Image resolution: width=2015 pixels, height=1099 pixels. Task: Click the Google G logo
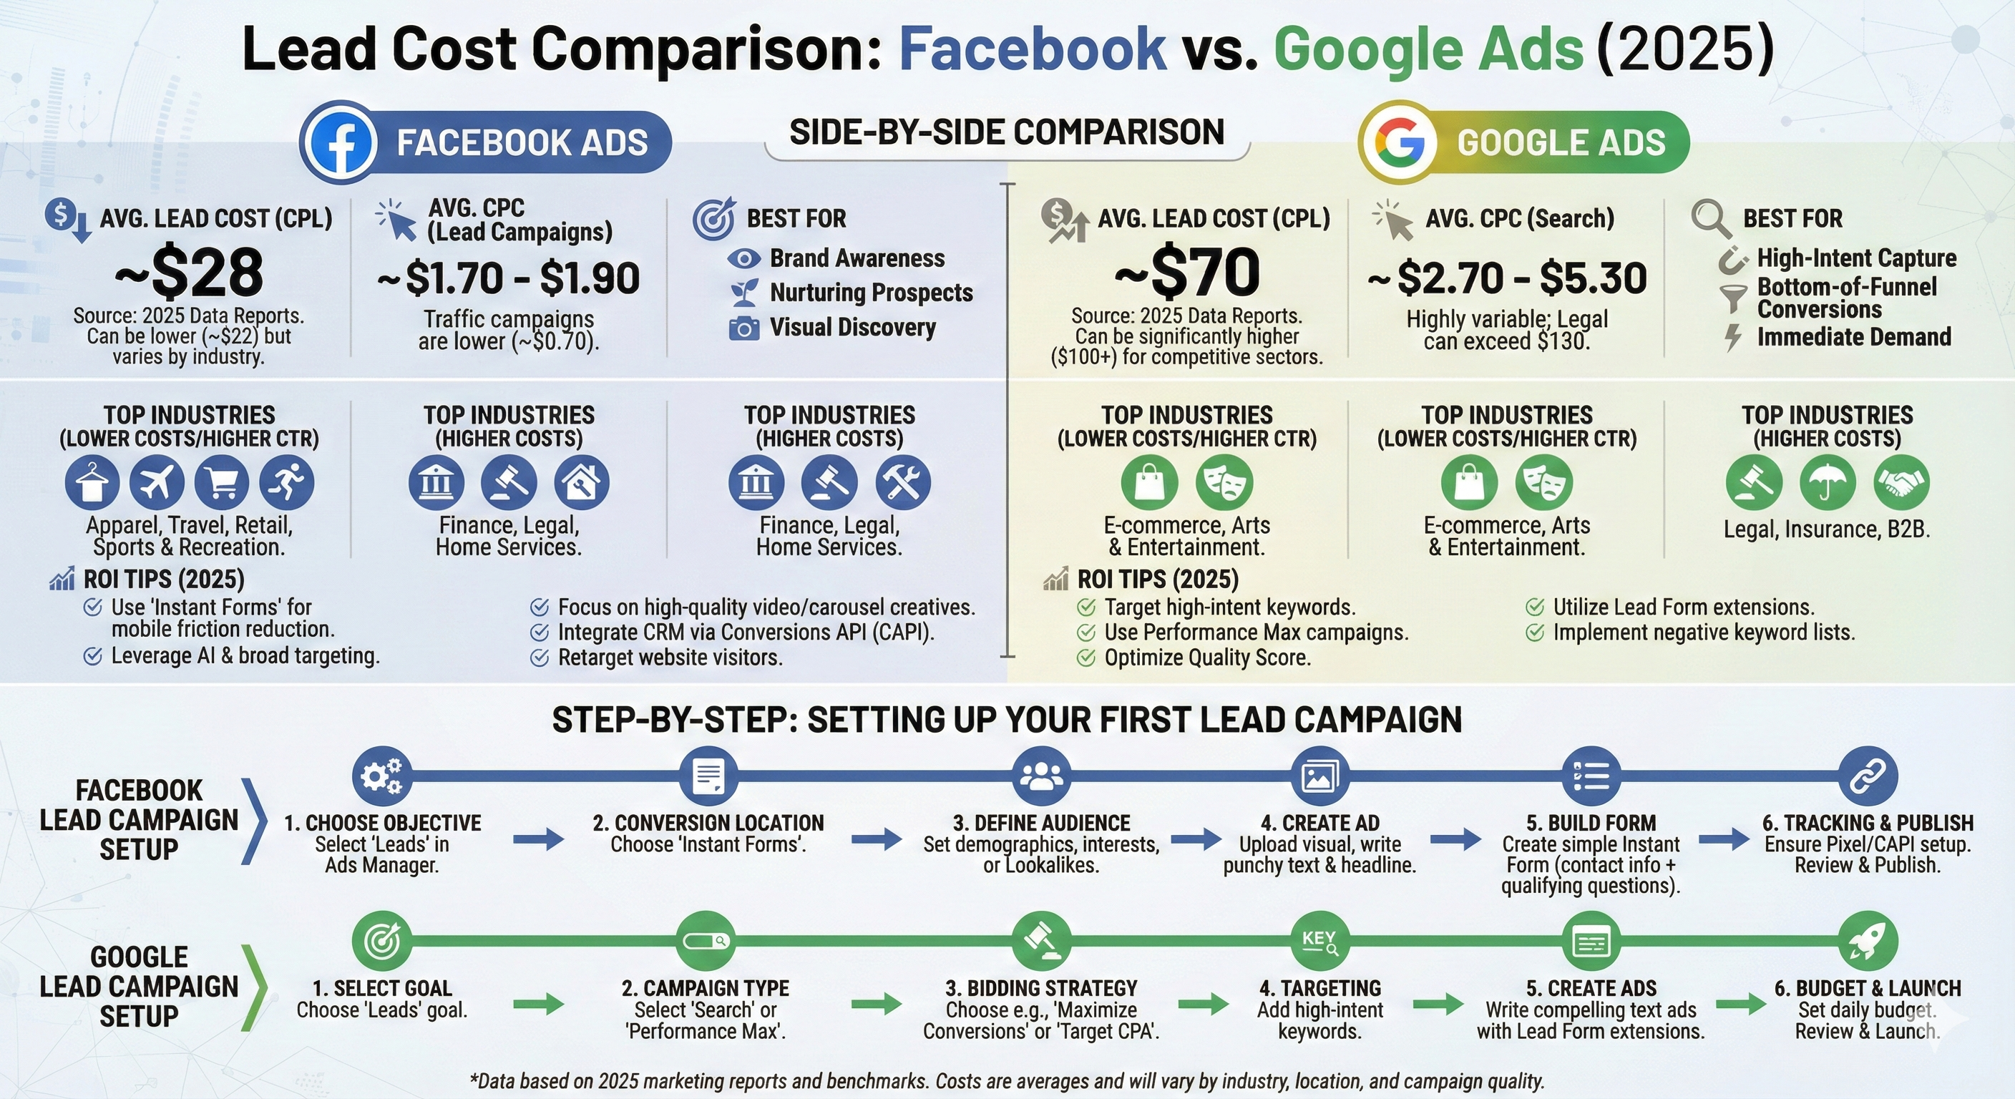pos(1400,142)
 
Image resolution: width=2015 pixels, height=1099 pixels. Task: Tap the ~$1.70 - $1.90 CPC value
pos(509,278)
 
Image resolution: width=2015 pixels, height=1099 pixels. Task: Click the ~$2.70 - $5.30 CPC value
pos(1508,278)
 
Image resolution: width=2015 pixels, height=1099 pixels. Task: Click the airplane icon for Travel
pos(157,482)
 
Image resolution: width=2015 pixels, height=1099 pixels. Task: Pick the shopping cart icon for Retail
pos(222,482)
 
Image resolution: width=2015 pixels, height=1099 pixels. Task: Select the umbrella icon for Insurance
pos(1828,482)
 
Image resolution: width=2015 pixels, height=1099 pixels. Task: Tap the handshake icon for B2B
pos(1901,482)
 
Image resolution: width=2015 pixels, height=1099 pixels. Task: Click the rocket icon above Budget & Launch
pos(1868,941)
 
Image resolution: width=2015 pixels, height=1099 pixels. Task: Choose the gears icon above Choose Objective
pos(381,776)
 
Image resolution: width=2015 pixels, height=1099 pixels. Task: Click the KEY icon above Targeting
pos(1319,941)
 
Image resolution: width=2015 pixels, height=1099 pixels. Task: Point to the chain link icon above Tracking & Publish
pos(1868,776)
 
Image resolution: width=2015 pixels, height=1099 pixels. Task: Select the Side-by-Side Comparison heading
pos(1007,132)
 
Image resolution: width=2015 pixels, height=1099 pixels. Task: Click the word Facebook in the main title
pos(1033,49)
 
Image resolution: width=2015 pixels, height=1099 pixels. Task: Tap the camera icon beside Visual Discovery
pos(744,328)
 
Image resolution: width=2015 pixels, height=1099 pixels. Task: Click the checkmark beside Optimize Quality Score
pos(1085,657)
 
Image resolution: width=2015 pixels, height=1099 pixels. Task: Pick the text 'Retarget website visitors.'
pos(670,657)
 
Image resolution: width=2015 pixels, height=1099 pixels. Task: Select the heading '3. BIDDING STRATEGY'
pos(1041,988)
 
